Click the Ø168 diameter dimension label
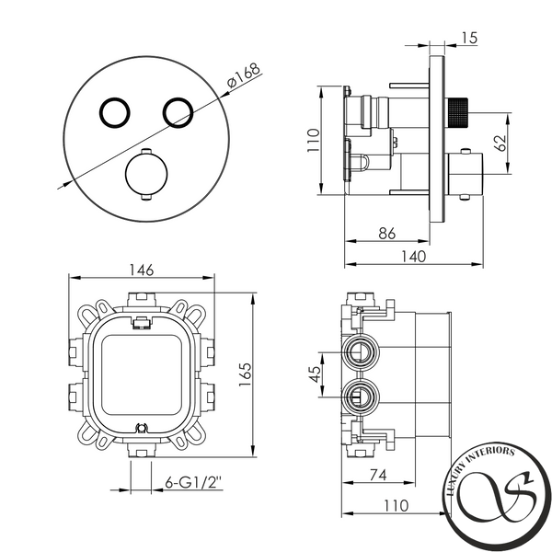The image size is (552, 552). [244, 75]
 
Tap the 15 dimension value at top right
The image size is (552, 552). [468, 38]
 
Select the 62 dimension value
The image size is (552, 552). [500, 143]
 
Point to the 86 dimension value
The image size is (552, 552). [387, 233]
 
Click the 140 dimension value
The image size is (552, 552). [414, 257]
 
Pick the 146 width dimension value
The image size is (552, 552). [142, 270]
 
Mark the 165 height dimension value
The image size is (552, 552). [245, 374]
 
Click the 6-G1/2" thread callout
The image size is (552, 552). [193, 482]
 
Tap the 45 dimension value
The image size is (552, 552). [315, 374]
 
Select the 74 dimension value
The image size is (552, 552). [378, 475]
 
